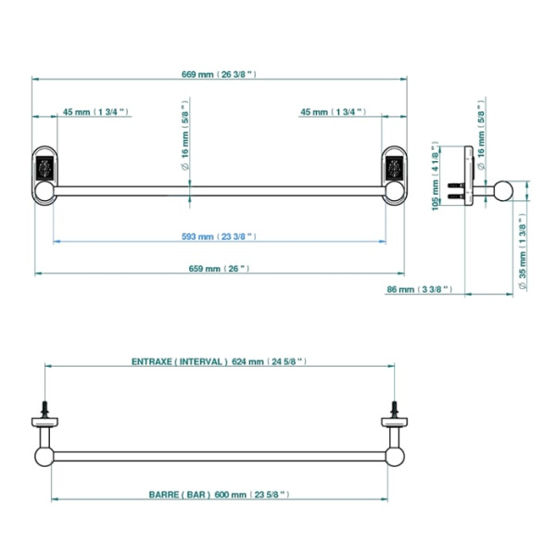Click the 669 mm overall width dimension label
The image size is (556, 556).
point(219,74)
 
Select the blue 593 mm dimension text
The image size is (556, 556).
point(219,236)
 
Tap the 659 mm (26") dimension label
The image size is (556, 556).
point(219,269)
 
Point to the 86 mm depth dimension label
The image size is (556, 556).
point(420,289)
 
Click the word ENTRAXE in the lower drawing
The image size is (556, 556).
point(152,361)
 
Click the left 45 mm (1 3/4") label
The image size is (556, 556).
point(95,112)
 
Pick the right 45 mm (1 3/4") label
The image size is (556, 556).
point(334,112)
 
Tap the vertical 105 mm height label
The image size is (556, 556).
point(436,176)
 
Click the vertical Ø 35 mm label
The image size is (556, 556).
point(523,251)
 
